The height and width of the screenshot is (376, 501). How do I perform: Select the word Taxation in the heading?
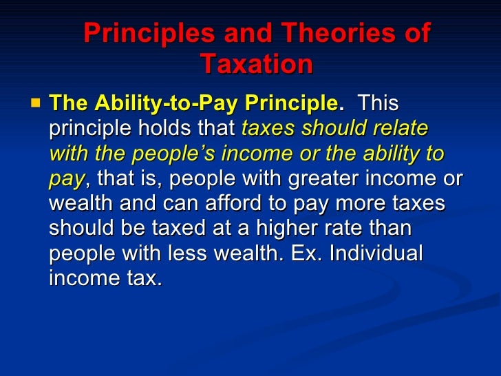[x=257, y=65]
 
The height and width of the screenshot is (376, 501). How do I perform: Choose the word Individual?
[x=376, y=253]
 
